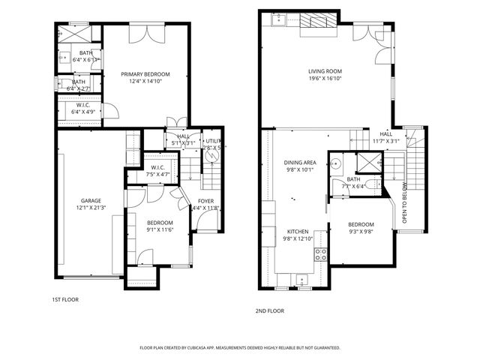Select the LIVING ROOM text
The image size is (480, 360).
(x=325, y=72)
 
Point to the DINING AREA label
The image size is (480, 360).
(x=299, y=162)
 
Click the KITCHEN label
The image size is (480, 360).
(x=299, y=232)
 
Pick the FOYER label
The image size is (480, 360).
(x=205, y=201)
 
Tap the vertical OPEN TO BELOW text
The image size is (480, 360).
(x=405, y=203)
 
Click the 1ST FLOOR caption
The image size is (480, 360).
(x=64, y=299)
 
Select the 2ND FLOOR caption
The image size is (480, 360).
(x=270, y=309)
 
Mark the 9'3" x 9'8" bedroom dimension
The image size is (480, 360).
(x=360, y=232)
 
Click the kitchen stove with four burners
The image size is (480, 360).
(x=320, y=254)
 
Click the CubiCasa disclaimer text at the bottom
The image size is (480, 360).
(x=240, y=348)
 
